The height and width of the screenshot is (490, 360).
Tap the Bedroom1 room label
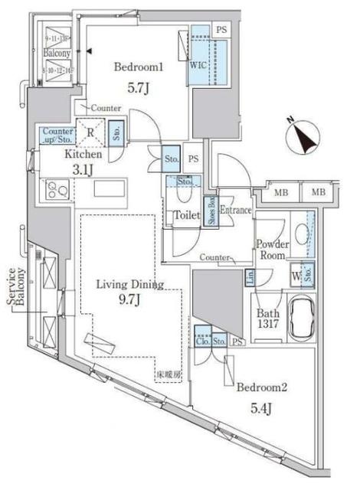pos(138,67)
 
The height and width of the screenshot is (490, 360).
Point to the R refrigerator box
pos(91,131)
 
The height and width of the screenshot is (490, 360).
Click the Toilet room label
pos(186,216)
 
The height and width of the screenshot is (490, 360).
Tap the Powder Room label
pos(272,250)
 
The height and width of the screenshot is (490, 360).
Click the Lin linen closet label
pos(250,276)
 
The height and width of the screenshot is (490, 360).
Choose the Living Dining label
pos(129,285)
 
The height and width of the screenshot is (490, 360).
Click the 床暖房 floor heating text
pos(170,374)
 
